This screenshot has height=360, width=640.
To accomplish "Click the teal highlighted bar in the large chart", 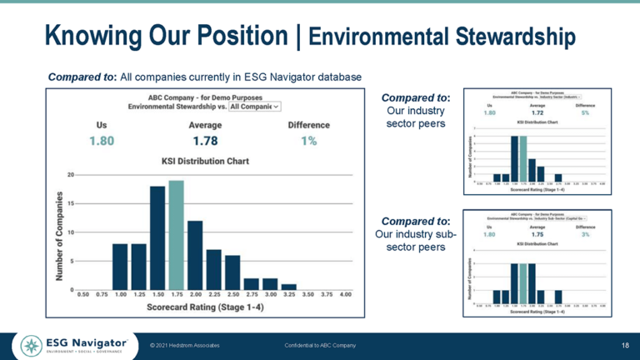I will (176, 235).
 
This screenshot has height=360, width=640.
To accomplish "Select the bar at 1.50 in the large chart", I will (157, 238).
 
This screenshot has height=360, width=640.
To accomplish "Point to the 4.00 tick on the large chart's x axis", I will (346, 295).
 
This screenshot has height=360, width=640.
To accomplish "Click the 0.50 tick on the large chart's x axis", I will (83, 295).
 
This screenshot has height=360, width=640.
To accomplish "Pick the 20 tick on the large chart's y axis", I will (71, 175).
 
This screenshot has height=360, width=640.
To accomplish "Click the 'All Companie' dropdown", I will (255, 107).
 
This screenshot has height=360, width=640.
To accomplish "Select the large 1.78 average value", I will (205, 141).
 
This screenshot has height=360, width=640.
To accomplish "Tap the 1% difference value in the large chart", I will (308, 141).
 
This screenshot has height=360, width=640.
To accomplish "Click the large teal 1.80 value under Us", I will (102, 141).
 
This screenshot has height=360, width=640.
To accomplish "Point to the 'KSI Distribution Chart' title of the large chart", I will (205, 159).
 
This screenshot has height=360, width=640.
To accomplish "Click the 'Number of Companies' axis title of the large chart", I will (60, 236).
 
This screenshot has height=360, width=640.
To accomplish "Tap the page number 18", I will (625, 345).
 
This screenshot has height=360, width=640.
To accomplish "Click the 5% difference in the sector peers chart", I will (586, 112).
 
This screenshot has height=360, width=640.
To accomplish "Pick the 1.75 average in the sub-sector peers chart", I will (537, 235).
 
